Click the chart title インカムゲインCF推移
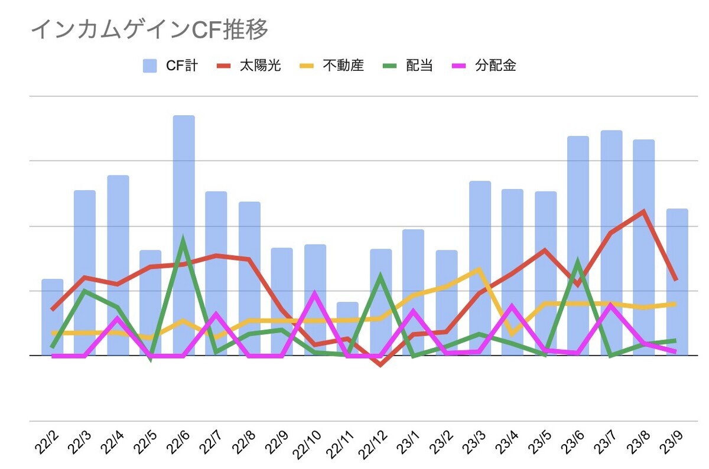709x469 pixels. point(149,30)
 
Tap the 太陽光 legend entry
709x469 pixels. point(249,66)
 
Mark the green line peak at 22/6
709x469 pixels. point(184,240)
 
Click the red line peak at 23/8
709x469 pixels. point(643,211)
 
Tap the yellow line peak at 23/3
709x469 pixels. point(479,269)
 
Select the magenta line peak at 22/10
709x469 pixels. point(315,294)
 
